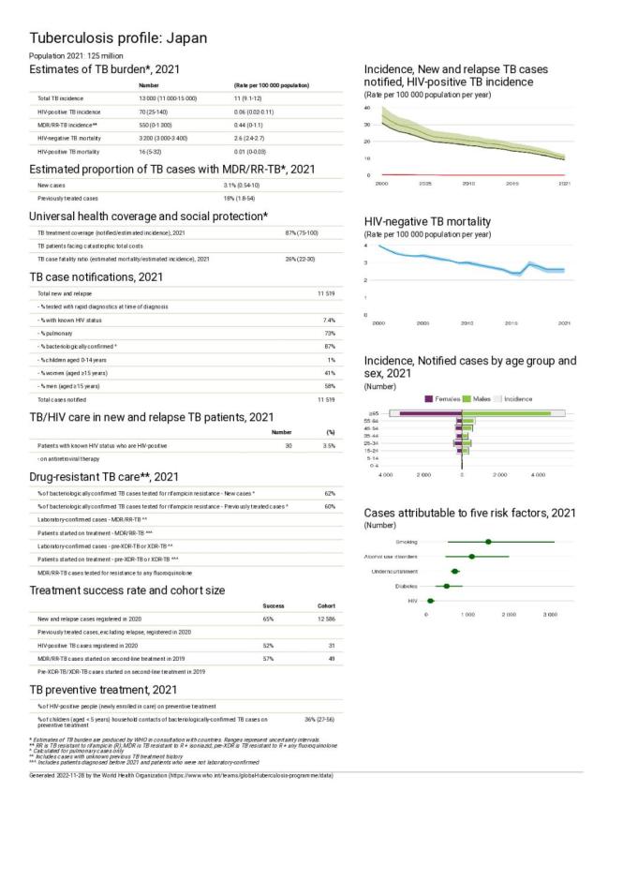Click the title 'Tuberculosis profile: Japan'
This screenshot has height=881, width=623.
click(117, 38)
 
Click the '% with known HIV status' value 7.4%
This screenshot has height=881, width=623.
click(329, 321)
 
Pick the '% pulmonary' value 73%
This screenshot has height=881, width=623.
click(329, 334)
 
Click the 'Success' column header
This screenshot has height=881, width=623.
click(274, 605)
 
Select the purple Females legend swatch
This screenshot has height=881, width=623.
click(430, 398)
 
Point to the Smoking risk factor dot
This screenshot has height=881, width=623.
click(488, 542)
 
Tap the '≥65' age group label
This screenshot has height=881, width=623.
click(373, 413)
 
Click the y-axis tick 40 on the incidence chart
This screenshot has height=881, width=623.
click(368, 108)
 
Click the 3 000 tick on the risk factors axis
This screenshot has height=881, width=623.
click(550, 614)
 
